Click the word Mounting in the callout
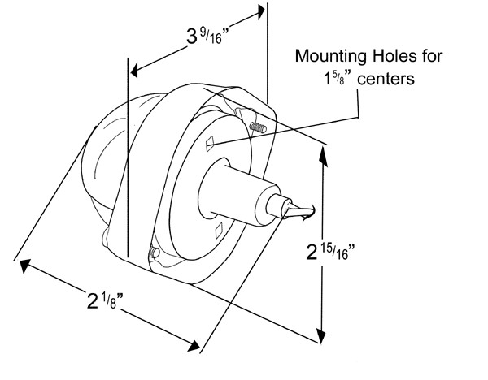[328, 57]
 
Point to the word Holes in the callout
[391, 57]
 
